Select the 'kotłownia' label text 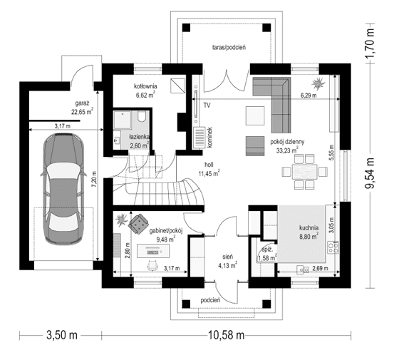(x=145, y=86)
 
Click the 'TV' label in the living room (x=207, y=105)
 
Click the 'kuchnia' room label (x=313, y=229)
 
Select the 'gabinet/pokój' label (x=165, y=231)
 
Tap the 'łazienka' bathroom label (x=139, y=136)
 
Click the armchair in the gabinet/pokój (x=135, y=222)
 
